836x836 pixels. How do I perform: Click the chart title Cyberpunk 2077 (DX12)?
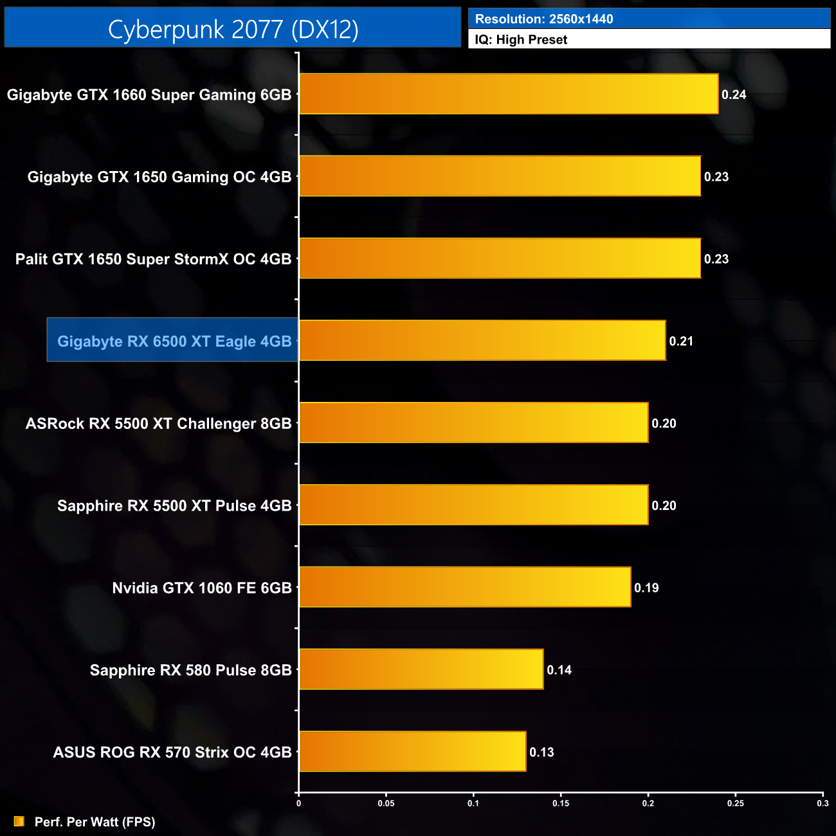(233, 29)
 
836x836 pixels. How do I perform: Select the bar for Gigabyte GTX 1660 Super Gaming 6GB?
(508, 94)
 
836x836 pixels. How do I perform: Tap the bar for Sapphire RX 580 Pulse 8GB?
(421, 669)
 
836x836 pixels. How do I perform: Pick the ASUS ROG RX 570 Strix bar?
(412, 751)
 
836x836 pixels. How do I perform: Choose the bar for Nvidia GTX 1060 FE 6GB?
(465, 587)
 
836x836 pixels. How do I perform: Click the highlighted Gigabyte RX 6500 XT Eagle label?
(174, 341)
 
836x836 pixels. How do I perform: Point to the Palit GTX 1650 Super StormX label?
(153, 259)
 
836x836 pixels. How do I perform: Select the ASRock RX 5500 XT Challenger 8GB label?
(158, 423)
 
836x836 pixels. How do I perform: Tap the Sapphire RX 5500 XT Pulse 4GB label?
(174, 505)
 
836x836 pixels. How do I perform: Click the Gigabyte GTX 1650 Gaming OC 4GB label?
(159, 177)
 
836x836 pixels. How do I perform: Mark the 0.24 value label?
(734, 95)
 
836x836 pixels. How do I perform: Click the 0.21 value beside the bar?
(681, 341)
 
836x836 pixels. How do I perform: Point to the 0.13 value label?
(541, 752)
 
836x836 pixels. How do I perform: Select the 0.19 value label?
(646, 588)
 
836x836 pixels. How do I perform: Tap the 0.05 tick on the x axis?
(386, 803)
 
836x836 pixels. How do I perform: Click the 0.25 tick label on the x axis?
(736, 803)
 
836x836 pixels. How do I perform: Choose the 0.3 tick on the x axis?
(822, 803)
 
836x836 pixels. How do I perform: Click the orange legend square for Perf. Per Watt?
(19, 821)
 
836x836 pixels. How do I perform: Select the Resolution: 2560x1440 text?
(544, 19)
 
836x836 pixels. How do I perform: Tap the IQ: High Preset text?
(521, 39)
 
